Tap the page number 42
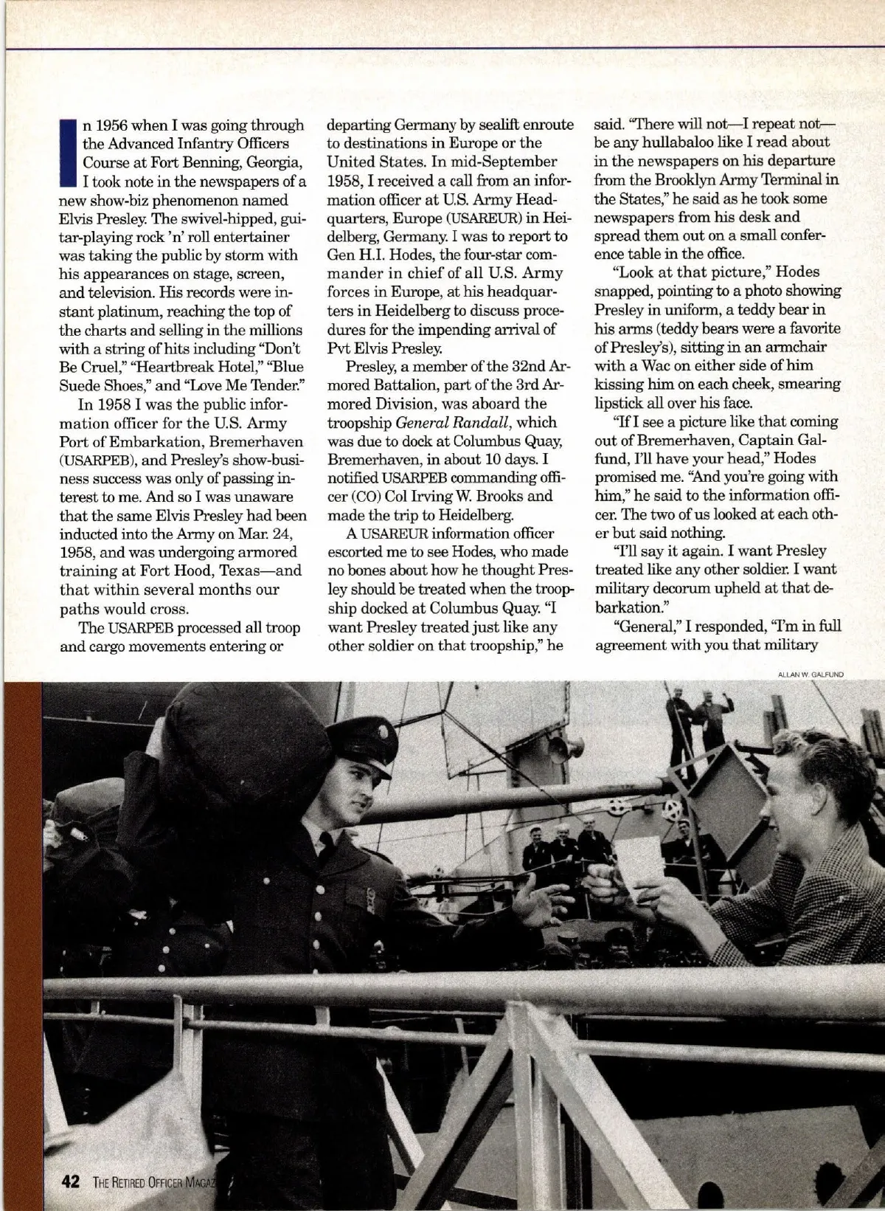(70, 1181)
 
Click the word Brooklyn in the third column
(681, 179)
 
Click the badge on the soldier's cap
(363, 750)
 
